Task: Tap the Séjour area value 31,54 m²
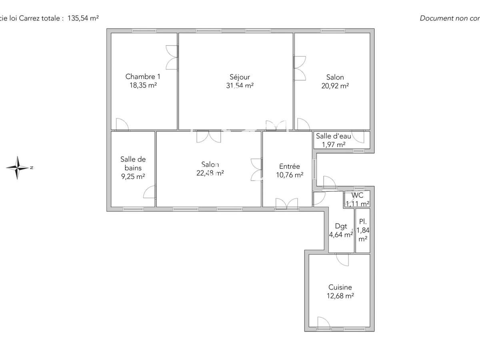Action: click(240, 85)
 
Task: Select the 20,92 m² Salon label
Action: click(335, 77)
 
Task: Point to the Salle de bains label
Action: click(133, 164)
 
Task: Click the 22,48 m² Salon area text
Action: click(210, 173)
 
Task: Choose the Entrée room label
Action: click(289, 166)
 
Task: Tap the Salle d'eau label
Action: click(334, 136)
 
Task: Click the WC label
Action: click(357, 196)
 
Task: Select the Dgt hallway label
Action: click(341, 226)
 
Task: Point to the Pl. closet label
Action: click(363, 222)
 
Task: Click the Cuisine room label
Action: click(340, 287)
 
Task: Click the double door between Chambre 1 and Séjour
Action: click(172, 58)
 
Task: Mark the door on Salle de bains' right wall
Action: click(150, 192)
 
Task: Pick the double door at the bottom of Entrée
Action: click(287, 203)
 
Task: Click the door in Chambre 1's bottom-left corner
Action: click(122, 125)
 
